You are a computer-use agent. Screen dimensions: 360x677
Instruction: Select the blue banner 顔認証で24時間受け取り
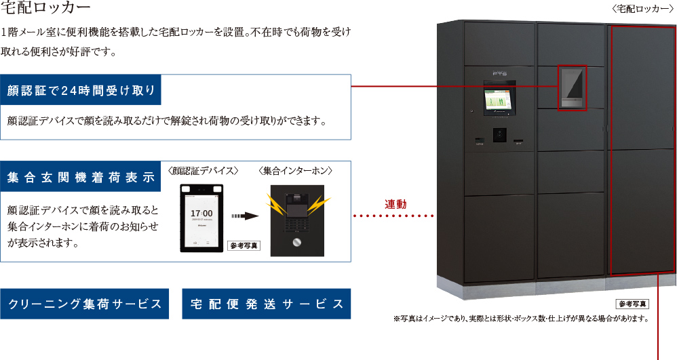[x=81, y=90]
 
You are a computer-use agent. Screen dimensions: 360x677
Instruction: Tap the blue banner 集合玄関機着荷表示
[x=81, y=178]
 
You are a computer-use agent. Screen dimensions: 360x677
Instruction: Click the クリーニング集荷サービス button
[x=85, y=304]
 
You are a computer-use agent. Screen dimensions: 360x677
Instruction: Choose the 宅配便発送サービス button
[x=266, y=304]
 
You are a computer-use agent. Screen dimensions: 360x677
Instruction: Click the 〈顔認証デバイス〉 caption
[x=203, y=170]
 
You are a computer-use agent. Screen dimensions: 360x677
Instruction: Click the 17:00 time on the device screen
[x=202, y=214]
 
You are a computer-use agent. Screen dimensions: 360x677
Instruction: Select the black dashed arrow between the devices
[x=246, y=216]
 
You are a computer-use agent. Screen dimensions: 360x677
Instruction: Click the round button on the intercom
[x=296, y=243]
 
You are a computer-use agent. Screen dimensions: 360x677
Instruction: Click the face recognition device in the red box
[x=572, y=87]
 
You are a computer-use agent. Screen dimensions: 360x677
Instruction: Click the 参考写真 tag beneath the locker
[x=632, y=303]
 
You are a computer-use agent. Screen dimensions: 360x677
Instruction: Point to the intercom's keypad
[x=296, y=221]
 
